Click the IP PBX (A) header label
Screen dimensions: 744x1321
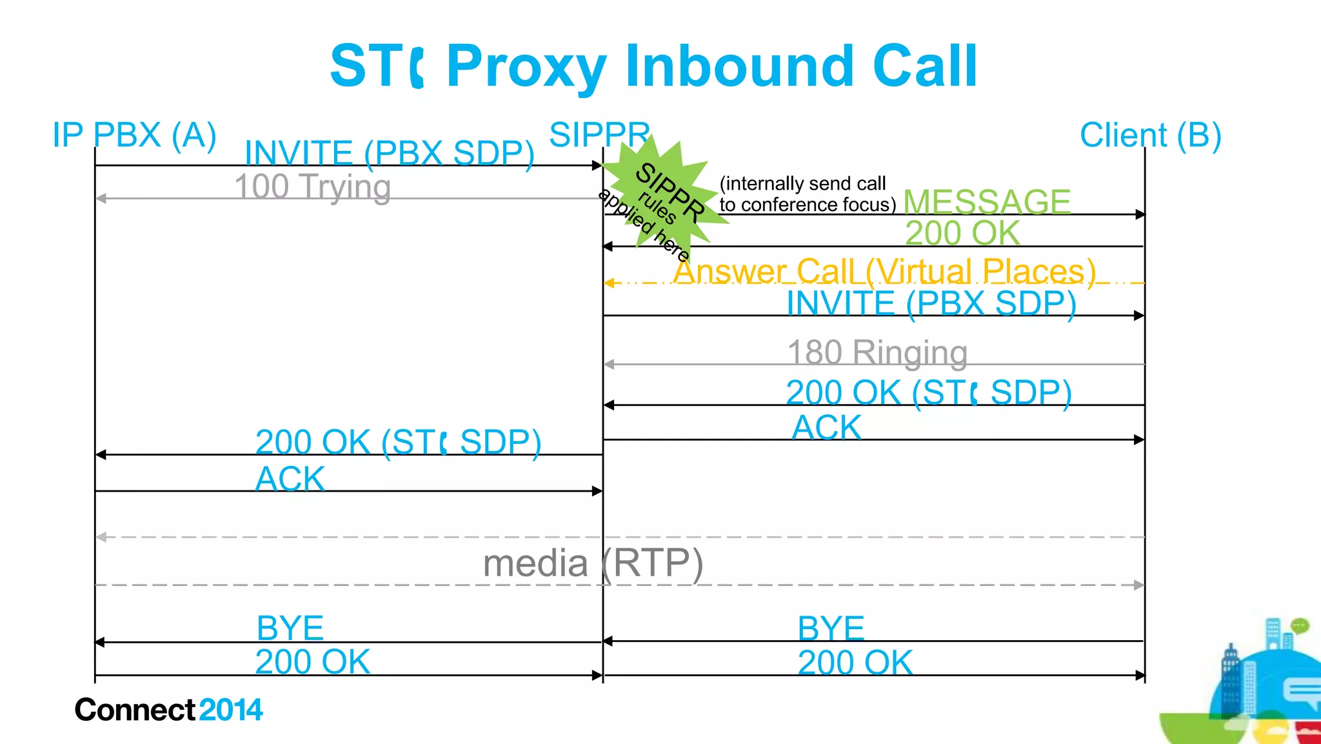134,136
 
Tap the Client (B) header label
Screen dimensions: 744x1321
1150,136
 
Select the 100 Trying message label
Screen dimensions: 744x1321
312,187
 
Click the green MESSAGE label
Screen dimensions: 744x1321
987,201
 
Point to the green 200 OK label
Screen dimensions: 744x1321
962,233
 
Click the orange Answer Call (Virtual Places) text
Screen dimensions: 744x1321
884,271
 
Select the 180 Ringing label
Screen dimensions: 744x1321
877,353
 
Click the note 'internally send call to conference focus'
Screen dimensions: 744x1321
806,194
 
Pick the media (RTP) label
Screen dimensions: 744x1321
592,563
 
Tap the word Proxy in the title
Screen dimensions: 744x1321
526,66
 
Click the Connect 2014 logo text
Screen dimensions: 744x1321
168,710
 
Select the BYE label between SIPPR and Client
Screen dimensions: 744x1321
831,628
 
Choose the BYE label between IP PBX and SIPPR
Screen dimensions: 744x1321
290,628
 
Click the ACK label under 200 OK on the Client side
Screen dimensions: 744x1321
826,427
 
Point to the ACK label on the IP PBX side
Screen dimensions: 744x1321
290,479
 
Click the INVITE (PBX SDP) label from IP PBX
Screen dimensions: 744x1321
389,154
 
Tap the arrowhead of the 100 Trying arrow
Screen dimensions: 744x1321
101,198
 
